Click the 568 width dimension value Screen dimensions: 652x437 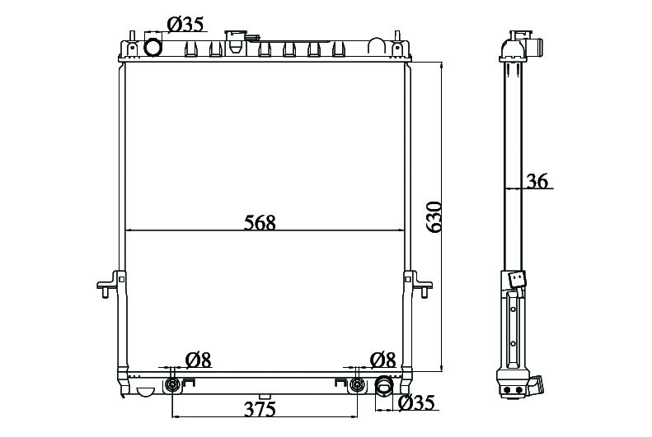click(x=260, y=223)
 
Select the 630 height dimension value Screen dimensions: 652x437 click(x=434, y=217)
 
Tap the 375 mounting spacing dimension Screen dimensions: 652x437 click(x=260, y=410)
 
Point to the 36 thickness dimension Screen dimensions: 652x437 click(x=537, y=181)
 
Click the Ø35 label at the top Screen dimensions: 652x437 click(x=185, y=25)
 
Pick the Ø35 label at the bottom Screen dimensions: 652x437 click(x=416, y=402)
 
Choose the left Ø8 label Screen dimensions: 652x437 click(x=199, y=360)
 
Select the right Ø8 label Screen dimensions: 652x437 click(x=382, y=360)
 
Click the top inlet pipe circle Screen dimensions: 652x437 click(x=152, y=47)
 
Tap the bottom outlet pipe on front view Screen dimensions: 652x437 click(x=384, y=385)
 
